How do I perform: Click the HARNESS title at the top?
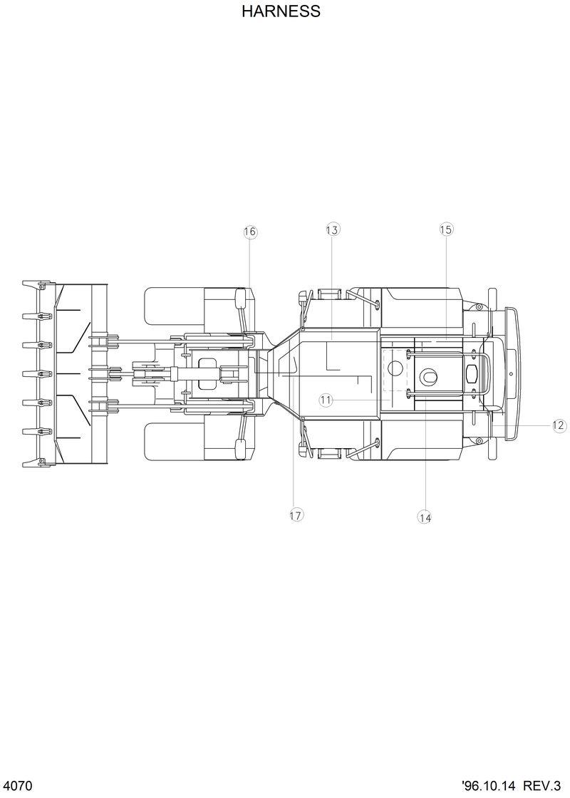(281, 11)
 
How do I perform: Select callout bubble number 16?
(249, 232)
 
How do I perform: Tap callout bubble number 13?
(332, 229)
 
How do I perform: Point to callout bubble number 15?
(446, 229)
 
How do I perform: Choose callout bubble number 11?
(326, 400)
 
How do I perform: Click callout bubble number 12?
(559, 425)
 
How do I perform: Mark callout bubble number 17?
(296, 515)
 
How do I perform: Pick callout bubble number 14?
(425, 518)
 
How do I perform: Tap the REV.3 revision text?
(543, 785)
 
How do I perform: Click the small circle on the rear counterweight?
(511, 373)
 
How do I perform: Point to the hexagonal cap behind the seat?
(472, 374)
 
